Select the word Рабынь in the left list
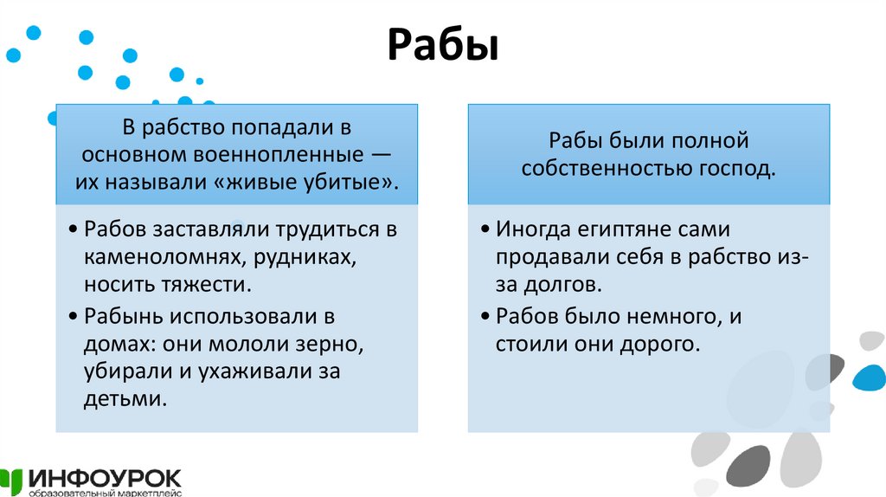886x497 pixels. (x=118, y=315)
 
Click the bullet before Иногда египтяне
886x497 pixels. (x=487, y=231)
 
